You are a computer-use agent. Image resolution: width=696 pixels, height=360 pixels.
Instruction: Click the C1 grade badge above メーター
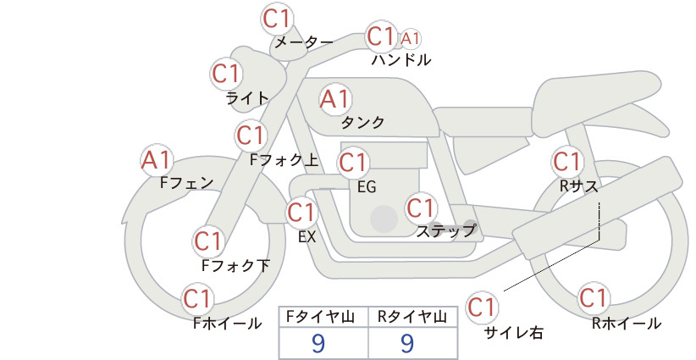278,18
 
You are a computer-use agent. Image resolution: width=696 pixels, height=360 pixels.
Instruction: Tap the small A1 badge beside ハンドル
411,38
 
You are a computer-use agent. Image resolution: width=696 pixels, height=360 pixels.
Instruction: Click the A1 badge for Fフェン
157,159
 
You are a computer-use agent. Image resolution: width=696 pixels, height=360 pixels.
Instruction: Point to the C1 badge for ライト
226,74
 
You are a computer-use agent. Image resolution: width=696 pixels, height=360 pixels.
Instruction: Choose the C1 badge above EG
352,162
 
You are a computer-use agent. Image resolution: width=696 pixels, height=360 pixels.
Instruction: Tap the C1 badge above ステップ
421,208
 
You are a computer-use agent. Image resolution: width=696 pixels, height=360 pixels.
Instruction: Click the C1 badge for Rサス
566,161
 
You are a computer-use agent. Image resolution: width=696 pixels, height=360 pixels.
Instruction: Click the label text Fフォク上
284,158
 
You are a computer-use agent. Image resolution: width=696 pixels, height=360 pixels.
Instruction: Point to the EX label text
307,236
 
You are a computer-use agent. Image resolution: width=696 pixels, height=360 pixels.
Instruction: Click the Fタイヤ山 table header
323,317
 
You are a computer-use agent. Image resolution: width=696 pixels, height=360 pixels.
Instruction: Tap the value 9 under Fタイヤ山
319,342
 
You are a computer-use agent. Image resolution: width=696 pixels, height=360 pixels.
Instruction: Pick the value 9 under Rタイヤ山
407,342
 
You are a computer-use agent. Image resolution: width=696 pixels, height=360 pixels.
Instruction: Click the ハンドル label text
401,60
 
